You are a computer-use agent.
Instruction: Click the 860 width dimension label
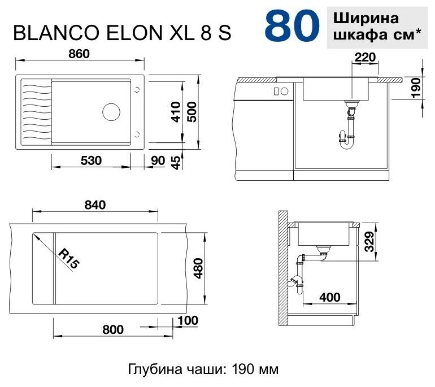click(x=79, y=54)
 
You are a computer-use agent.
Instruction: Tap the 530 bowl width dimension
click(x=91, y=160)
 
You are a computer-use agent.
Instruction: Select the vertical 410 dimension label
click(x=176, y=112)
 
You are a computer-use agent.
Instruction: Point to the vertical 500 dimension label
click(x=192, y=112)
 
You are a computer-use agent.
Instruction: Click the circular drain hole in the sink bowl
click(x=111, y=112)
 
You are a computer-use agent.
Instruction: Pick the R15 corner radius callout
click(x=69, y=259)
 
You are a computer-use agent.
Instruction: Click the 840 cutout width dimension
click(x=95, y=205)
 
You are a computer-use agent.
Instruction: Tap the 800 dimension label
click(x=113, y=329)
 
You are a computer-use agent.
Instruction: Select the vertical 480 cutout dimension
click(x=199, y=268)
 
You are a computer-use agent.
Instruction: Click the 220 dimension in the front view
click(x=365, y=57)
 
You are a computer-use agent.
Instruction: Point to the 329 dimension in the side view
click(x=369, y=242)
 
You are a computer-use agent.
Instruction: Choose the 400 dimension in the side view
click(x=329, y=297)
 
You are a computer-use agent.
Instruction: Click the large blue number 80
click(x=292, y=26)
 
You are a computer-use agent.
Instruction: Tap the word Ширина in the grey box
click(x=366, y=19)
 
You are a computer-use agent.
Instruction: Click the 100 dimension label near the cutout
click(x=188, y=321)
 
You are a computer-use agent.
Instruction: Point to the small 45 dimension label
click(x=176, y=163)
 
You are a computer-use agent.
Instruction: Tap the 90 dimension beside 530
click(x=158, y=160)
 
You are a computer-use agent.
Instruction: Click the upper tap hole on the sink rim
click(x=137, y=89)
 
